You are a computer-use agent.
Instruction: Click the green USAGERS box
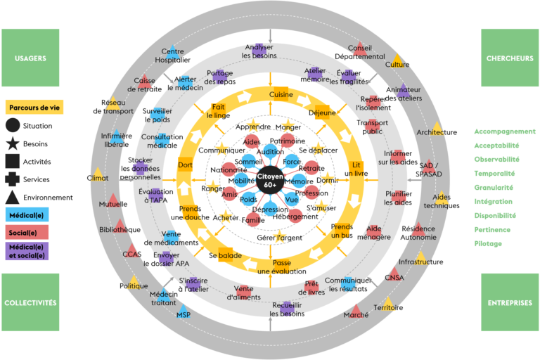tap(30, 58)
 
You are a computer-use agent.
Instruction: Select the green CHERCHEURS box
tap(510, 58)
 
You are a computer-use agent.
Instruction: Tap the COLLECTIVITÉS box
tap(30, 302)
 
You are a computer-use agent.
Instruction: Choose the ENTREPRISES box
tap(510, 302)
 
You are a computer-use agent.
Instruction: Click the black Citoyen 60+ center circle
tap(270, 180)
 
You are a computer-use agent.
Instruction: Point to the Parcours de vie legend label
tap(34, 107)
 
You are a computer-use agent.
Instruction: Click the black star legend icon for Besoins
tap(13, 143)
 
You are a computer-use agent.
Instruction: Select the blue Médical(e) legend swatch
tap(27, 214)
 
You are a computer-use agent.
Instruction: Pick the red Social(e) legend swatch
tap(27, 232)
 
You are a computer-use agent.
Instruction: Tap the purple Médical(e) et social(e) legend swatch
tap(27, 251)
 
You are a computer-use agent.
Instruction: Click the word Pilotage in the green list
tap(488, 243)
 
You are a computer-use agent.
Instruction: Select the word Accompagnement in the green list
tap(505, 131)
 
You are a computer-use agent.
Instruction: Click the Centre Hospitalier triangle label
tap(172, 56)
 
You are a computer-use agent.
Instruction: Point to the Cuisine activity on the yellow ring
tap(281, 94)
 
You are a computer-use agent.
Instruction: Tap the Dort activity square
tap(185, 165)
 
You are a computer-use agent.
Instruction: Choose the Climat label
tap(98, 178)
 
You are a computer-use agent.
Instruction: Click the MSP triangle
tap(184, 311)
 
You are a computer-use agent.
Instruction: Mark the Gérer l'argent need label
tap(279, 238)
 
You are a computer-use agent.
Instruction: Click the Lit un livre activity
tap(356, 169)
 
